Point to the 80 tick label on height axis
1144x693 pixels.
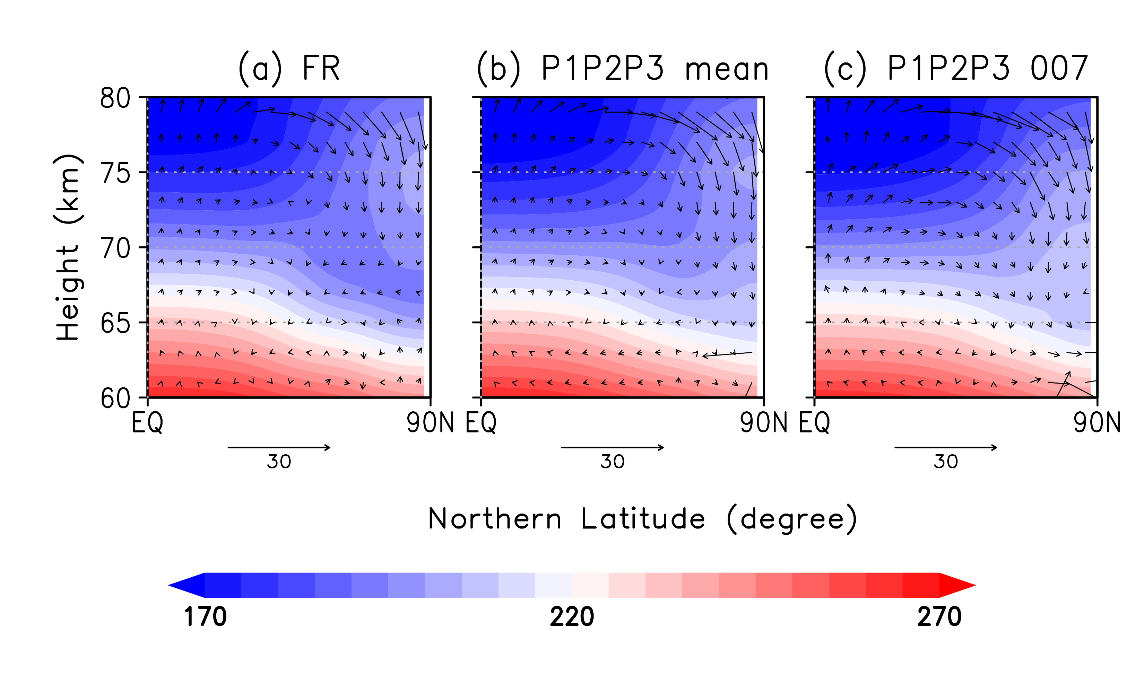click(115, 98)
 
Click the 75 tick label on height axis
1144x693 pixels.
click(115, 174)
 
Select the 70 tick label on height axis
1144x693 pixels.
click(115, 249)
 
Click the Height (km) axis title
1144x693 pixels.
click(69, 248)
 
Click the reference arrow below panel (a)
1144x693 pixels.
click(279, 447)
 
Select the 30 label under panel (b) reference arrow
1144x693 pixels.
click(613, 462)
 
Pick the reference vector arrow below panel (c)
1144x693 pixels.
click(946, 447)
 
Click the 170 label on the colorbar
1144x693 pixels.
click(205, 617)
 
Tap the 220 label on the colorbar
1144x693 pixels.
click(572, 617)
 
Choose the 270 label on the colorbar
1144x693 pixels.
click(939, 617)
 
